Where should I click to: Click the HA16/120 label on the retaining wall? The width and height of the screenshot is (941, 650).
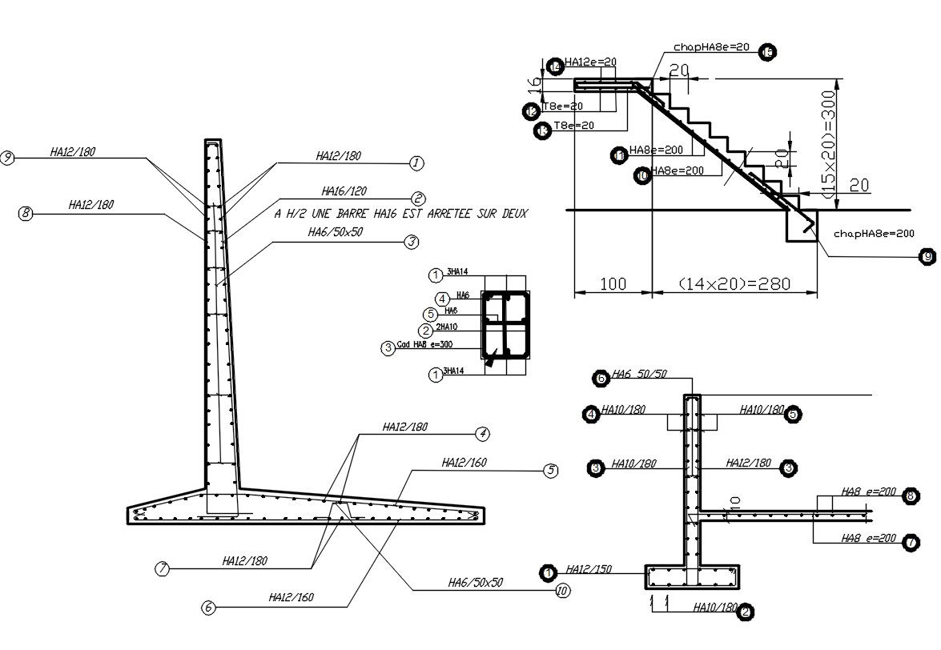point(344,192)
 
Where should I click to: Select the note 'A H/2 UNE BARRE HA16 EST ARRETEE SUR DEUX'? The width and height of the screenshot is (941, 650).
point(401,215)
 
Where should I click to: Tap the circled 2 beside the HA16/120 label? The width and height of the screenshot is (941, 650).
point(417,199)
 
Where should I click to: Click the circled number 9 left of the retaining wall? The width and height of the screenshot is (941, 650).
point(8,158)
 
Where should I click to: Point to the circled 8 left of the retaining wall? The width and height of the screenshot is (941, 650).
point(26,214)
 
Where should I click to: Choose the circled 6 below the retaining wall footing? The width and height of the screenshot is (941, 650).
point(208,608)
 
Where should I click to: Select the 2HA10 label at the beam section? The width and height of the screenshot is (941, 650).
point(445,328)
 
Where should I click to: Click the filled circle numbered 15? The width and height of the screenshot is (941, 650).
point(767,53)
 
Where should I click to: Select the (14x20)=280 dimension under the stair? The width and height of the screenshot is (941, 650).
point(734,284)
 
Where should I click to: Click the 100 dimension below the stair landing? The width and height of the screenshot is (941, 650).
point(613,284)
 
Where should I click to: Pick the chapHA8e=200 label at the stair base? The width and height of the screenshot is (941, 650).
point(873,235)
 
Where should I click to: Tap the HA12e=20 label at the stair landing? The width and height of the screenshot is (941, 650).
point(590,62)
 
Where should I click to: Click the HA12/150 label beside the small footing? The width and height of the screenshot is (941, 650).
point(589,570)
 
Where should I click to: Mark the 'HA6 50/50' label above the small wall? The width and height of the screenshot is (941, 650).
point(639,374)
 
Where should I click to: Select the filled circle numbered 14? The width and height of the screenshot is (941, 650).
point(554,67)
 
